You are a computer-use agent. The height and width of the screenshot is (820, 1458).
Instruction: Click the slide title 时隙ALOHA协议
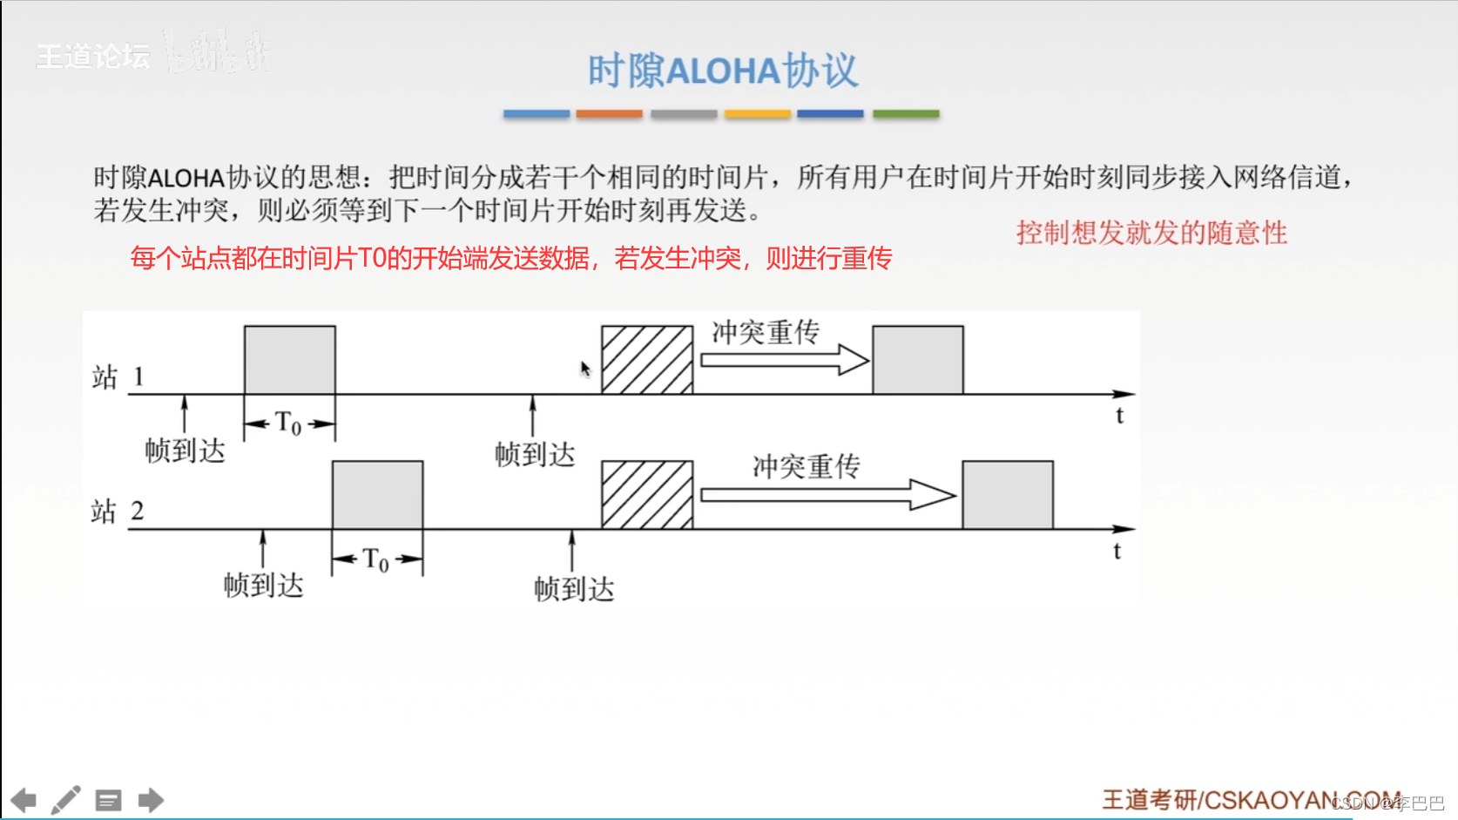pos(723,71)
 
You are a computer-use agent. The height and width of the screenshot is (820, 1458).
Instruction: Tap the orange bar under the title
pos(609,114)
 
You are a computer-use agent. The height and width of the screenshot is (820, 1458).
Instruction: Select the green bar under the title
pos(906,114)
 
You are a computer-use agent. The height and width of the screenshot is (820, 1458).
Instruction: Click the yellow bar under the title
pos(757,114)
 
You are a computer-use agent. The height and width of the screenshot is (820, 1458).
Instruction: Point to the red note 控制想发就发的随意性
pos(1151,233)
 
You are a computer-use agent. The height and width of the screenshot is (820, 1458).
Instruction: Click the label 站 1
pos(118,377)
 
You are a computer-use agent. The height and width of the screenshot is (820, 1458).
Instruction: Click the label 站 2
pos(118,512)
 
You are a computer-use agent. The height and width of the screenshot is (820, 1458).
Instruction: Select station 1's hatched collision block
pos(647,360)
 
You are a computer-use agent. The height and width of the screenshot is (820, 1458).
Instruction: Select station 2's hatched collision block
pos(647,494)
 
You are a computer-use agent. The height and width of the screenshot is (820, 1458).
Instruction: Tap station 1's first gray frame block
pos(289,360)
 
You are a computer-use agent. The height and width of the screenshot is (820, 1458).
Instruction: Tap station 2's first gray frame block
pos(377,494)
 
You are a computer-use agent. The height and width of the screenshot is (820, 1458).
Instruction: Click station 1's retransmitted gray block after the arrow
pos(917,360)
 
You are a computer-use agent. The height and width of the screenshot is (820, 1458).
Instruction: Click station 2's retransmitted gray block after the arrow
pos(1007,494)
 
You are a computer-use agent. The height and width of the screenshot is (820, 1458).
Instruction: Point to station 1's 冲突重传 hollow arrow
pos(784,360)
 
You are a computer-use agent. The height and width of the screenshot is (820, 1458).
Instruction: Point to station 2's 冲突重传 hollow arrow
pos(827,494)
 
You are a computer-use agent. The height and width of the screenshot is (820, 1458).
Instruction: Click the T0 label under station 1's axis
pos(288,424)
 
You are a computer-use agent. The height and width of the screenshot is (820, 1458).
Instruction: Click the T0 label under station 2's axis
pos(376,559)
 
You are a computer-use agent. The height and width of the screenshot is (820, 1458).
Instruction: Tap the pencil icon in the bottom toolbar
pos(65,800)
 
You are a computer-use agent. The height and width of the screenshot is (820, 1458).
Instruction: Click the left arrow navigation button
pos(24,800)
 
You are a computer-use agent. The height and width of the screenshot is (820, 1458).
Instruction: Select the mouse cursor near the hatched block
pos(585,369)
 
